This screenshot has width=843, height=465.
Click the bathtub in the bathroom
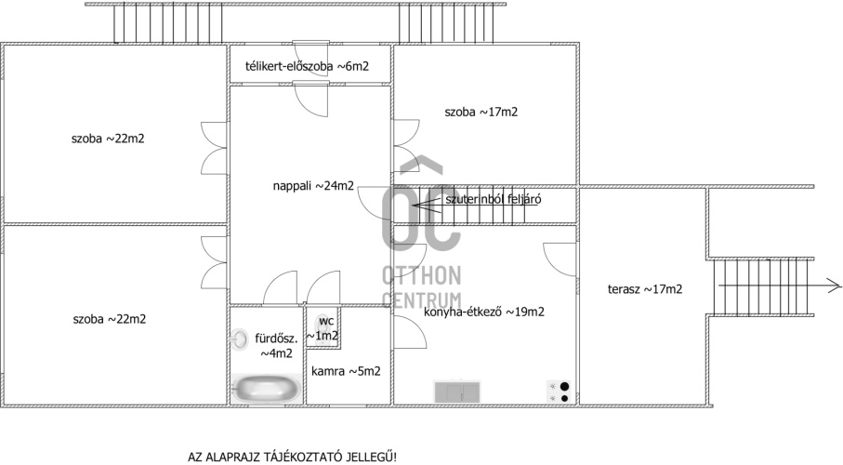[266, 389]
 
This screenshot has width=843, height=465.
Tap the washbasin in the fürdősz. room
[239, 339]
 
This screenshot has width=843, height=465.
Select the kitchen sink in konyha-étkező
[456, 392]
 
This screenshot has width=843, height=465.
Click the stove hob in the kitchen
[559, 392]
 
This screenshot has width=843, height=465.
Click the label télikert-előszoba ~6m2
[307, 66]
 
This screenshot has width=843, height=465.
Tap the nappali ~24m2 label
[313, 186]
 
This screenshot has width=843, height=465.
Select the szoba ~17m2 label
[481, 112]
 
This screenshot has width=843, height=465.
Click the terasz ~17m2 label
[645, 289]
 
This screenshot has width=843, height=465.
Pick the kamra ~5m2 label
[347, 371]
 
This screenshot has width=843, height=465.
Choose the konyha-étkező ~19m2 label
[484, 312]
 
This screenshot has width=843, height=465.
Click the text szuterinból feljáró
[493, 199]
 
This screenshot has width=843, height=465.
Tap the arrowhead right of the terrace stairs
[835, 286]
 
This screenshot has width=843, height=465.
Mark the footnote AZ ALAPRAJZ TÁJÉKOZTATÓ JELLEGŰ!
[292, 457]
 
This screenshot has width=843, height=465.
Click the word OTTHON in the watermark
[422, 275]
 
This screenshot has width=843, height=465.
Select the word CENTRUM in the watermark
[422, 300]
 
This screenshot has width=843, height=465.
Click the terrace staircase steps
[763, 286]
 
